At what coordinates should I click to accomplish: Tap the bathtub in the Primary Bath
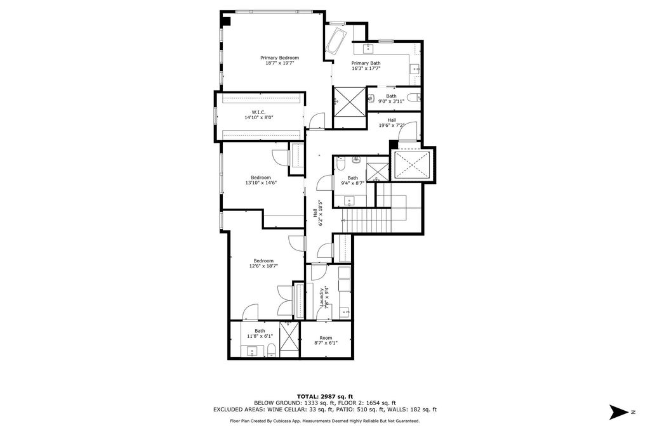(x=335, y=42)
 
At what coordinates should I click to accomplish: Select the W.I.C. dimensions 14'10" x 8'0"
(x=258, y=117)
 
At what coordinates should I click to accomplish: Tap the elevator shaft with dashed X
(x=413, y=165)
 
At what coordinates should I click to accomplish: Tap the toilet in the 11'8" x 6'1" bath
(x=271, y=351)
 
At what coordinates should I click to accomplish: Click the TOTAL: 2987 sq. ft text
(x=324, y=396)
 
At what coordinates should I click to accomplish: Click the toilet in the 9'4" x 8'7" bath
(x=341, y=165)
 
